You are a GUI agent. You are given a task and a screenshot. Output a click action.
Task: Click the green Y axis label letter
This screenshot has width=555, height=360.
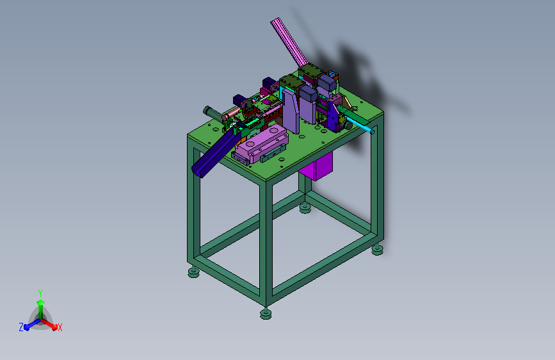pos(40,293)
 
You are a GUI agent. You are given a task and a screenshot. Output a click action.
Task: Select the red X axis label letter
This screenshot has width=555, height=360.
pos(60,328)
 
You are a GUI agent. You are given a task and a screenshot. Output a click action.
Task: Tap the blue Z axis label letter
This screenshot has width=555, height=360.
pos(21,327)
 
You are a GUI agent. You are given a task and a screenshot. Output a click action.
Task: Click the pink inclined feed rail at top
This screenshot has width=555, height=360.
pos(289,42)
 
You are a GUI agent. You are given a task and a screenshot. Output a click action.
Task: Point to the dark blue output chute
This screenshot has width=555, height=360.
pos(216,152)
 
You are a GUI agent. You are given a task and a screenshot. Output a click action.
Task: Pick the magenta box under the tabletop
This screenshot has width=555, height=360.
pos(316,167)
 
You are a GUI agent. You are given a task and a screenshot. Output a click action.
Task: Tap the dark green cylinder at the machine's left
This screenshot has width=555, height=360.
pos(213,114)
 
